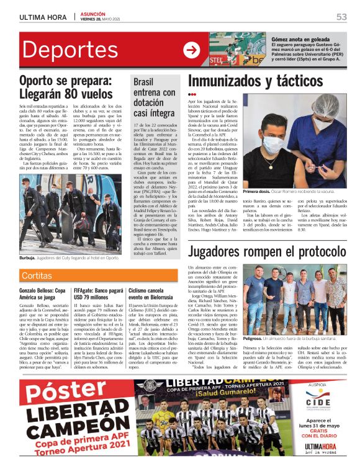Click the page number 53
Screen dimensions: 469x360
pyautogui.click(x=341, y=17)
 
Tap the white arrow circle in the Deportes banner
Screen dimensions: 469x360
pyautogui.click(x=191, y=50)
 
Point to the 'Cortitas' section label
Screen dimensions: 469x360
pyautogui.click(x=37, y=275)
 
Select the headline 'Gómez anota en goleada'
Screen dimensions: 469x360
pyautogui.click(x=297, y=38)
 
